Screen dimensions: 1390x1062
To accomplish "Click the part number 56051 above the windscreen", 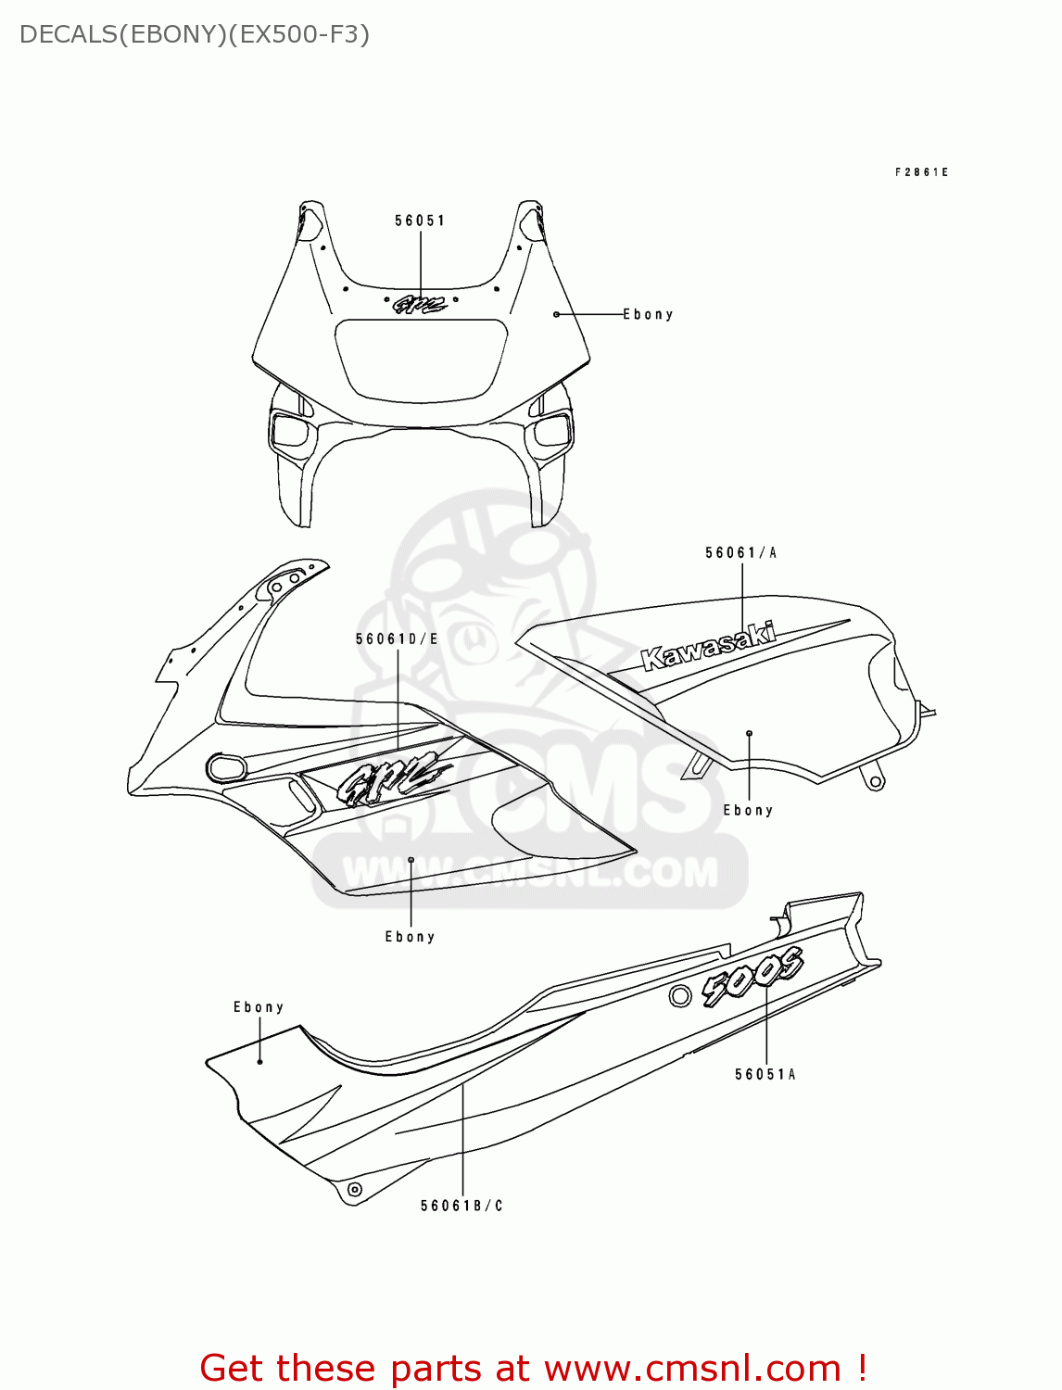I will click(x=420, y=221).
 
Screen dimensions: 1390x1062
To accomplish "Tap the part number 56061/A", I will click(x=740, y=553).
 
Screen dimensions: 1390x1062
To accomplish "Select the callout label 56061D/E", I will click(x=397, y=639).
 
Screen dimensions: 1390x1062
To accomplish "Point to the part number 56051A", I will click(x=765, y=1075).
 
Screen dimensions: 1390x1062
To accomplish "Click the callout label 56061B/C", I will click(x=461, y=1206).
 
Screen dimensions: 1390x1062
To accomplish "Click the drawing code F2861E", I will click(x=921, y=172).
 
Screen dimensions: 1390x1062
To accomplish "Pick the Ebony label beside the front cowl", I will click(x=648, y=315).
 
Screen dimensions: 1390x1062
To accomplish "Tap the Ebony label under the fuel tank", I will click(x=748, y=811).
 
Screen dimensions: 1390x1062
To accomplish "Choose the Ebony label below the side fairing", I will click(x=410, y=937).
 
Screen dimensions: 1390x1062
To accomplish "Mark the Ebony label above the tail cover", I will click(x=259, y=1007).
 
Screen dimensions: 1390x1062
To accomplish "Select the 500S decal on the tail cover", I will click(x=752, y=977).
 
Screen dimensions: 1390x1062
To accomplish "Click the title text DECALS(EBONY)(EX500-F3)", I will click(x=195, y=35).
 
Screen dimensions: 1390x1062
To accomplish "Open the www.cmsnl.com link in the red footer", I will click(x=692, y=1369).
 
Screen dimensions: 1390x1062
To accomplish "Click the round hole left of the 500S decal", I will click(x=680, y=996).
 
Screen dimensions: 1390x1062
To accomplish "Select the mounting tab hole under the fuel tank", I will click(x=875, y=781).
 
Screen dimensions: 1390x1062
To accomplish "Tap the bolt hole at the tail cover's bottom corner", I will click(x=353, y=1189).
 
